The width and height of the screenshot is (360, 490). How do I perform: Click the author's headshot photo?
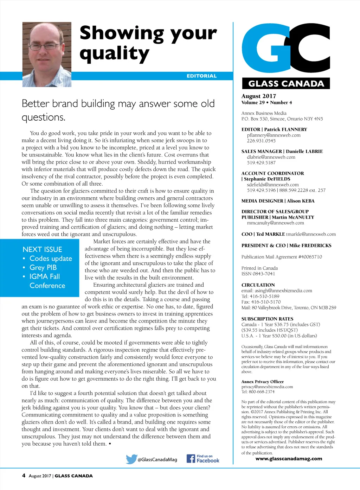pyautogui.click(x=47, y=55)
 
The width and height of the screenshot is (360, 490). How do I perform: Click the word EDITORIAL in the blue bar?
pyautogui.click(x=201, y=76)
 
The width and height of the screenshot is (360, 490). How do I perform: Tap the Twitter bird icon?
pyautogui.click(x=131, y=459)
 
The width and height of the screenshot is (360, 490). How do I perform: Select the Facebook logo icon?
pyautogui.click(x=191, y=458)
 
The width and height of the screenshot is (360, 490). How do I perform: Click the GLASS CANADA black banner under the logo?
pyautogui.click(x=286, y=83)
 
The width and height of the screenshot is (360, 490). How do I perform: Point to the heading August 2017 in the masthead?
pyautogui.click(x=259, y=96)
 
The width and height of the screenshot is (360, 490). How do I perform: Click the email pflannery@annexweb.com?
pyautogui.click(x=274, y=135)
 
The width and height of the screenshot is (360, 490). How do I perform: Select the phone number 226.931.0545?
pyautogui.click(x=261, y=141)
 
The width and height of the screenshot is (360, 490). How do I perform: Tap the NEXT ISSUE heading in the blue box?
pyautogui.click(x=42, y=249)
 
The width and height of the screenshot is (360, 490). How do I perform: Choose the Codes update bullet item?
pyautogui.click(x=51, y=259)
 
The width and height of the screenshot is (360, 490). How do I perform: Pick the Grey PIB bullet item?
pyautogui.click(x=43, y=267)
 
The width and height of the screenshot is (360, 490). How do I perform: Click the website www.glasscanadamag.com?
pyautogui.click(x=289, y=459)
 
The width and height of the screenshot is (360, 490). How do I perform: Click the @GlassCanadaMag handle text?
pyautogui.click(x=157, y=459)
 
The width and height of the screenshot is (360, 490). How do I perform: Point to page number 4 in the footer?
pyautogui.click(x=24, y=476)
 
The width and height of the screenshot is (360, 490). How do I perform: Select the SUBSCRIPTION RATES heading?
pyautogui.click(x=267, y=319)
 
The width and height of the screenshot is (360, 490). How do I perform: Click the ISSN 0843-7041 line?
pyautogui.click(x=258, y=274)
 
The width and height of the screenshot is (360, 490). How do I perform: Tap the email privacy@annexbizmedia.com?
pyautogui.click(x=267, y=387)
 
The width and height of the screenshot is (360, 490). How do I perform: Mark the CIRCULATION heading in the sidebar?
pyautogui.click(x=258, y=285)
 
